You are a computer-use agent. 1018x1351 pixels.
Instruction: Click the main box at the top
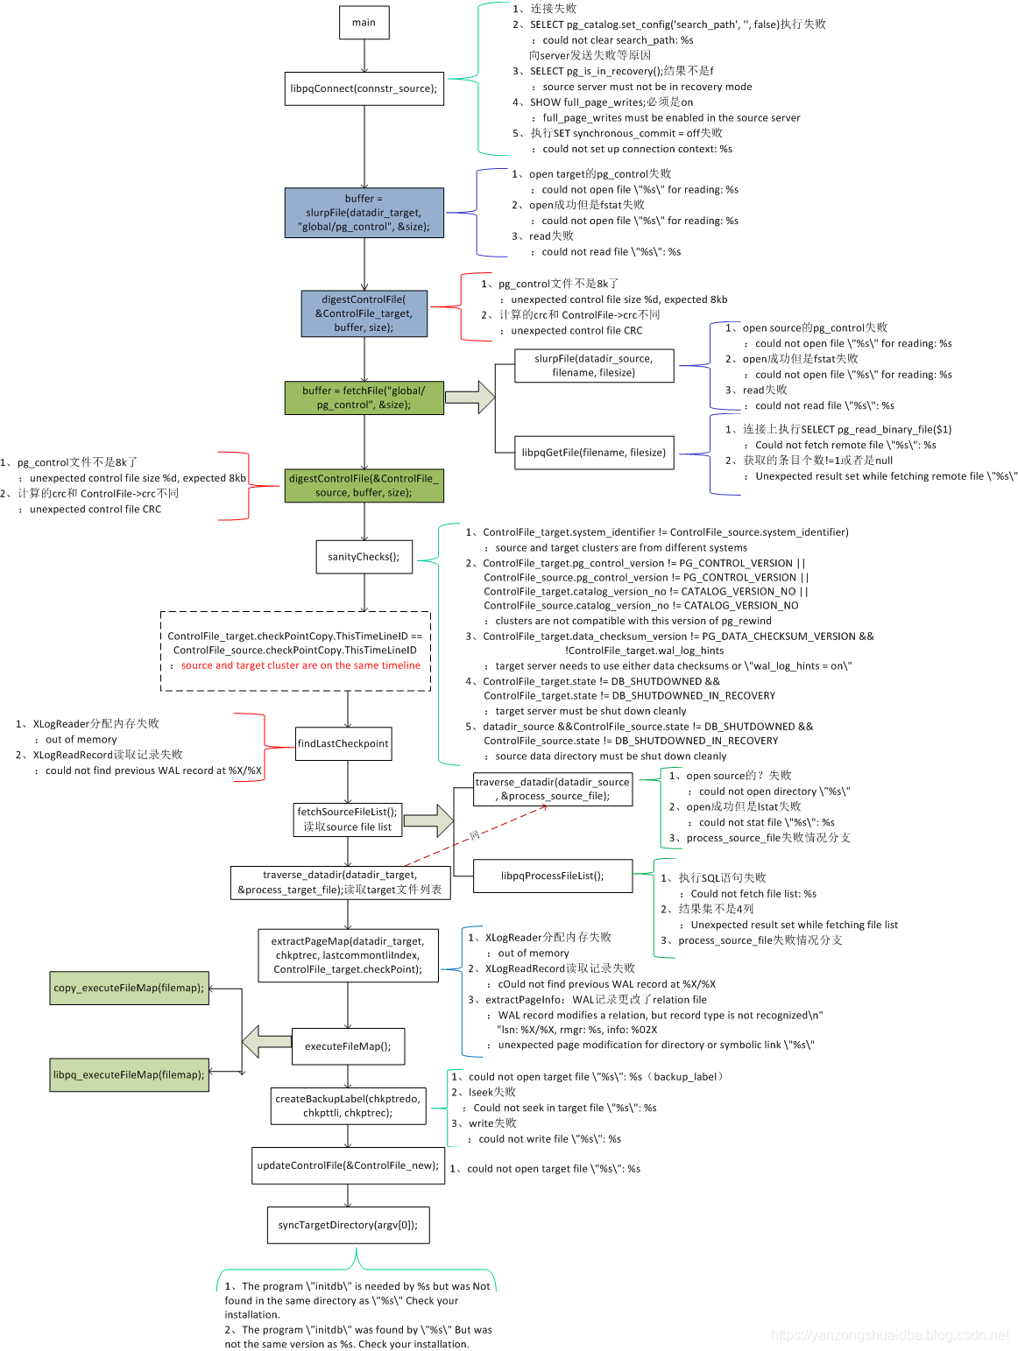(x=364, y=23)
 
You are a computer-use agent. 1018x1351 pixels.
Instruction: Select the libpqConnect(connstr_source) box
(x=364, y=88)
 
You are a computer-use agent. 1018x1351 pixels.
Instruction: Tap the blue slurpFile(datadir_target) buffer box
(x=364, y=213)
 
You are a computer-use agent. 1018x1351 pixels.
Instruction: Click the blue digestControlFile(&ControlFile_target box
(x=364, y=313)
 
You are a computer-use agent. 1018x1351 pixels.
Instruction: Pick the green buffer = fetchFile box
(x=364, y=398)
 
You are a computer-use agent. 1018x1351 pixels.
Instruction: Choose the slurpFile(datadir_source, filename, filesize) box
(x=594, y=366)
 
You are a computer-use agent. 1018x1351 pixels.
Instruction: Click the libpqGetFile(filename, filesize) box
(x=594, y=453)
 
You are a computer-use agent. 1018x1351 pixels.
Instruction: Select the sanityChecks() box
(x=364, y=557)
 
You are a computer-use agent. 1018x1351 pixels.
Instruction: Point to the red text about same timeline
(x=300, y=665)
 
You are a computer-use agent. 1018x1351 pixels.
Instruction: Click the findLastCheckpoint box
(x=343, y=743)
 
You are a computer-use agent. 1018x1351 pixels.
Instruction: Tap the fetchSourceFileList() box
(x=347, y=820)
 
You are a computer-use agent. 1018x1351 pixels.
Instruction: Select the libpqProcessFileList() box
(x=552, y=876)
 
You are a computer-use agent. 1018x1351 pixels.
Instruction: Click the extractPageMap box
(x=348, y=955)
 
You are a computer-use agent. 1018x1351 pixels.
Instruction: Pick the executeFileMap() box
(x=348, y=1046)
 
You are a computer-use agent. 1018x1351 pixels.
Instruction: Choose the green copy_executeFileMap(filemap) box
(x=129, y=988)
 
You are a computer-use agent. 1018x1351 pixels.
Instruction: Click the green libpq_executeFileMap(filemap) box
(x=129, y=1074)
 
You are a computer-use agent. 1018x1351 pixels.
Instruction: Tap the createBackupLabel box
(x=348, y=1106)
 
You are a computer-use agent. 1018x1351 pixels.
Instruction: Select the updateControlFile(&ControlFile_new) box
(x=348, y=1165)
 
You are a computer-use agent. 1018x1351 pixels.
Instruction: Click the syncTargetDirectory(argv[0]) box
(x=348, y=1225)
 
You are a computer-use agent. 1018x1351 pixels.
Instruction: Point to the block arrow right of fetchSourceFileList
(x=428, y=820)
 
